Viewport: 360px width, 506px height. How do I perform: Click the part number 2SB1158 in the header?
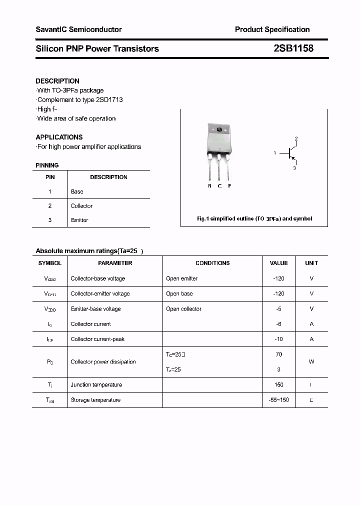pyautogui.click(x=293, y=48)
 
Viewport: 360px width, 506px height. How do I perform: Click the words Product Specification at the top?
pyautogui.click(x=272, y=29)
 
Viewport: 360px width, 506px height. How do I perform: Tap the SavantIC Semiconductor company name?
pyautogui.click(x=78, y=29)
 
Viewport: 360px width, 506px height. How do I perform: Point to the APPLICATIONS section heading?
pyautogui.click(x=59, y=137)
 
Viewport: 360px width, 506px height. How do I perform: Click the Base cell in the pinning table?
pyautogui.click(x=77, y=191)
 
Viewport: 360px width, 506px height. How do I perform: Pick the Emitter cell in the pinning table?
pyautogui.click(x=79, y=220)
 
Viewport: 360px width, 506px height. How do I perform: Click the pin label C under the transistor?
pyautogui.click(x=219, y=186)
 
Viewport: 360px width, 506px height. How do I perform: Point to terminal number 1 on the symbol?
pyautogui.click(x=274, y=153)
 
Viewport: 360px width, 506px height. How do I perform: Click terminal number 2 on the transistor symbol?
pyautogui.click(x=296, y=138)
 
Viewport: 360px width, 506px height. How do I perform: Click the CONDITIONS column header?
pyautogui.click(x=212, y=263)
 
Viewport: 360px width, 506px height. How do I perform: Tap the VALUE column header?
pyautogui.click(x=278, y=263)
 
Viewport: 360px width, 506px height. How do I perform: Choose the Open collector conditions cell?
pyautogui.click(x=183, y=309)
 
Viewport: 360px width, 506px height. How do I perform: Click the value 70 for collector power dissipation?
pyautogui.click(x=278, y=354)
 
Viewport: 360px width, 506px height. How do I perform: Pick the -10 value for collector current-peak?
pyautogui.click(x=278, y=339)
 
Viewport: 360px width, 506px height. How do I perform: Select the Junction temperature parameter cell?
pyautogui.click(x=96, y=384)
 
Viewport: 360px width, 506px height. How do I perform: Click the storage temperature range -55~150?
pyautogui.click(x=278, y=400)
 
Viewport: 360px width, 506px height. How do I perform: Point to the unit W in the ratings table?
pyautogui.click(x=311, y=361)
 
